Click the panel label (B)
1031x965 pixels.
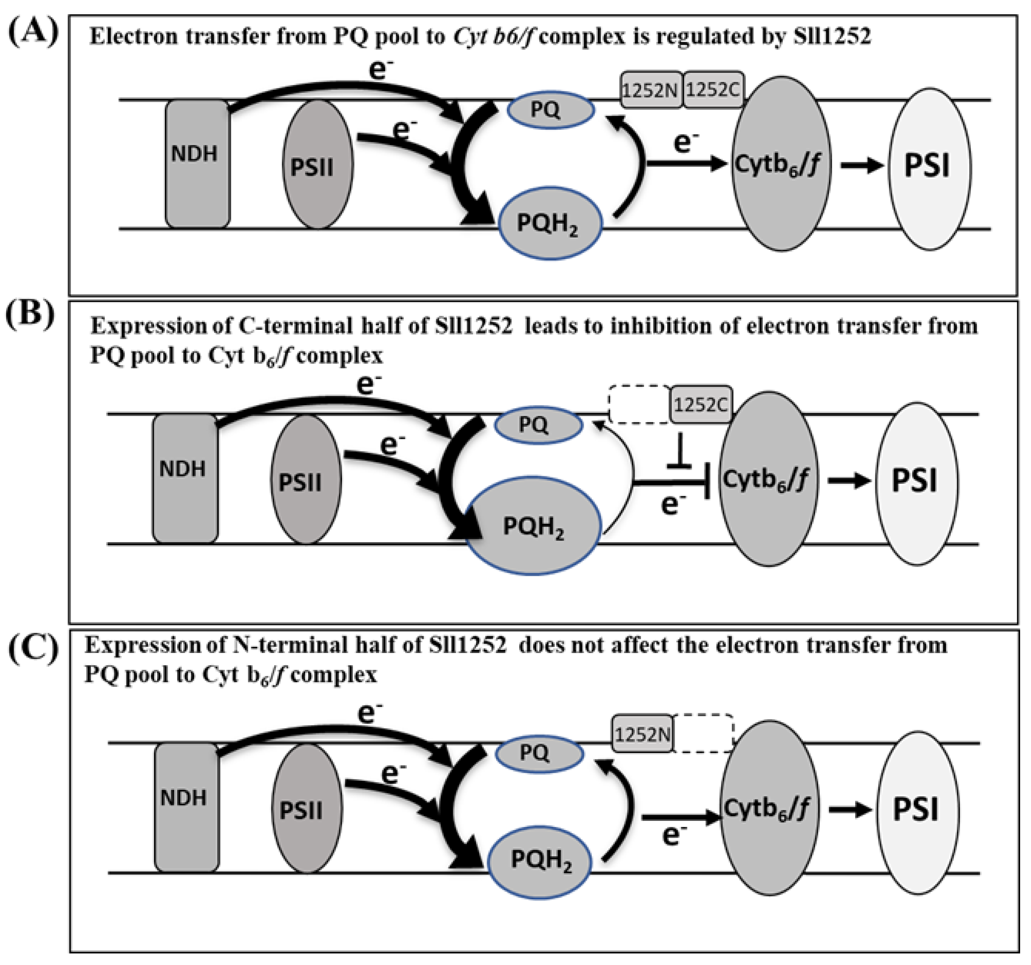click(30, 314)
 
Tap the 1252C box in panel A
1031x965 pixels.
click(713, 90)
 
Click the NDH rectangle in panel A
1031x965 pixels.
click(197, 164)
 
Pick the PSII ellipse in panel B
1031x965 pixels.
click(306, 480)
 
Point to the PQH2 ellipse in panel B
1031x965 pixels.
click(533, 527)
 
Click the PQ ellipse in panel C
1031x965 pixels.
click(539, 753)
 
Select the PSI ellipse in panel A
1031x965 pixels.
click(929, 169)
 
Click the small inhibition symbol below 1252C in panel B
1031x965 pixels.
click(679, 454)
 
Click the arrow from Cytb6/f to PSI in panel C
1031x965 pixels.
click(849, 810)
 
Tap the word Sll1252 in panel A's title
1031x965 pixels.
click(832, 36)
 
